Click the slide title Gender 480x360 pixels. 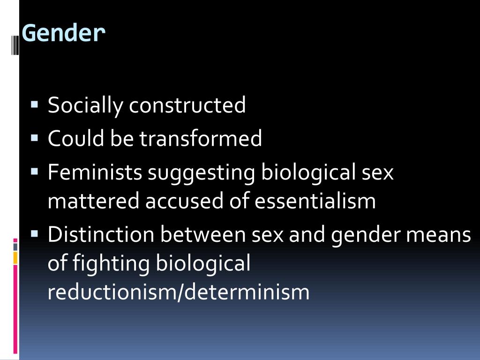[64, 33]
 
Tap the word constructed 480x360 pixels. [187, 105]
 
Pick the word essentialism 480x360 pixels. [315, 201]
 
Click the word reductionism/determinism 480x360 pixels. [179, 292]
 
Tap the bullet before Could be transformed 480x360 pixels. [34, 138]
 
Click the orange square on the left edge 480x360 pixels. [15, 257]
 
